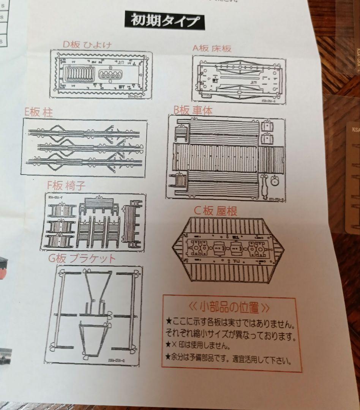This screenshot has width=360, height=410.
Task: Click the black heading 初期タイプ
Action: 165,21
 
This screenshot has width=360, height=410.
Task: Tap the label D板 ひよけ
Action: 87,44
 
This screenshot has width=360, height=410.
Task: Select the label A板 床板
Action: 212,48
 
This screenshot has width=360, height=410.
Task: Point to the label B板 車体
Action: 193,110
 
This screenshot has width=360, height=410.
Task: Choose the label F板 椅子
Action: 66,186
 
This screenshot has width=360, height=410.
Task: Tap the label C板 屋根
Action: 215,211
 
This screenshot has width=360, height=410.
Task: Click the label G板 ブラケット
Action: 82,259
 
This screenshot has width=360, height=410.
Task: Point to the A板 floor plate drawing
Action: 239,80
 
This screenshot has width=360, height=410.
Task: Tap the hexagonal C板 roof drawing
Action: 228,251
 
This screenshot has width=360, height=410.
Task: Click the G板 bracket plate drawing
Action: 94,314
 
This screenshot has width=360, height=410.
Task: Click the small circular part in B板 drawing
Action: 275,183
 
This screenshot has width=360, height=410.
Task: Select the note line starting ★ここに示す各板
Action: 230,324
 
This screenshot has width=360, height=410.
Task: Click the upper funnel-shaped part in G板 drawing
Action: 98,289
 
